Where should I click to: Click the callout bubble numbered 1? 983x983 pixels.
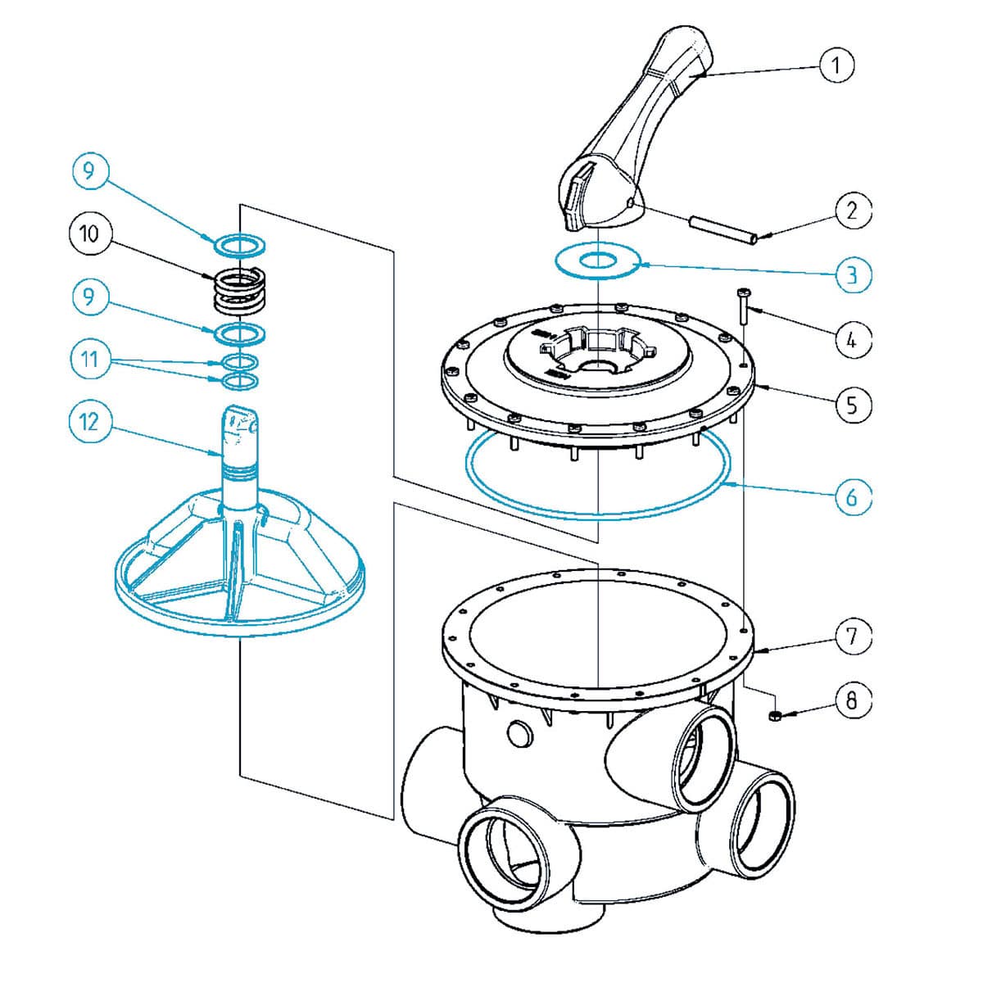tap(836, 65)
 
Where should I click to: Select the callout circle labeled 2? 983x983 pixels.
tap(853, 211)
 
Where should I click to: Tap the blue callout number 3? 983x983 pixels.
tap(853, 274)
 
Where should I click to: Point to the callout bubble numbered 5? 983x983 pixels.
tap(853, 404)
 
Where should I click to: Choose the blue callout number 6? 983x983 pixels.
tap(853, 496)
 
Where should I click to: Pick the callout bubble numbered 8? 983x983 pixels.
tap(853, 700)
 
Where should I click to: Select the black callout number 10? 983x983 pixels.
tap(89, 234)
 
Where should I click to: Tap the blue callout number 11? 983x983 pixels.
tap(89, 360)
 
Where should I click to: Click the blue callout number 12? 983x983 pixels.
tap(89, 421)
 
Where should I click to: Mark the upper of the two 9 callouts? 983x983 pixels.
tap(89, 170)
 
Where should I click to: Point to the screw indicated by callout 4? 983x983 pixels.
tap(744, 306)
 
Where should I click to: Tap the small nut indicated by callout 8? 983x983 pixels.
tap(773, 718)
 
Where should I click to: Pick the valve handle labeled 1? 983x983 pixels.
tap(639, 147)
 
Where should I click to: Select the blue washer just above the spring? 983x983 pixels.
tap(240, 244)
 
